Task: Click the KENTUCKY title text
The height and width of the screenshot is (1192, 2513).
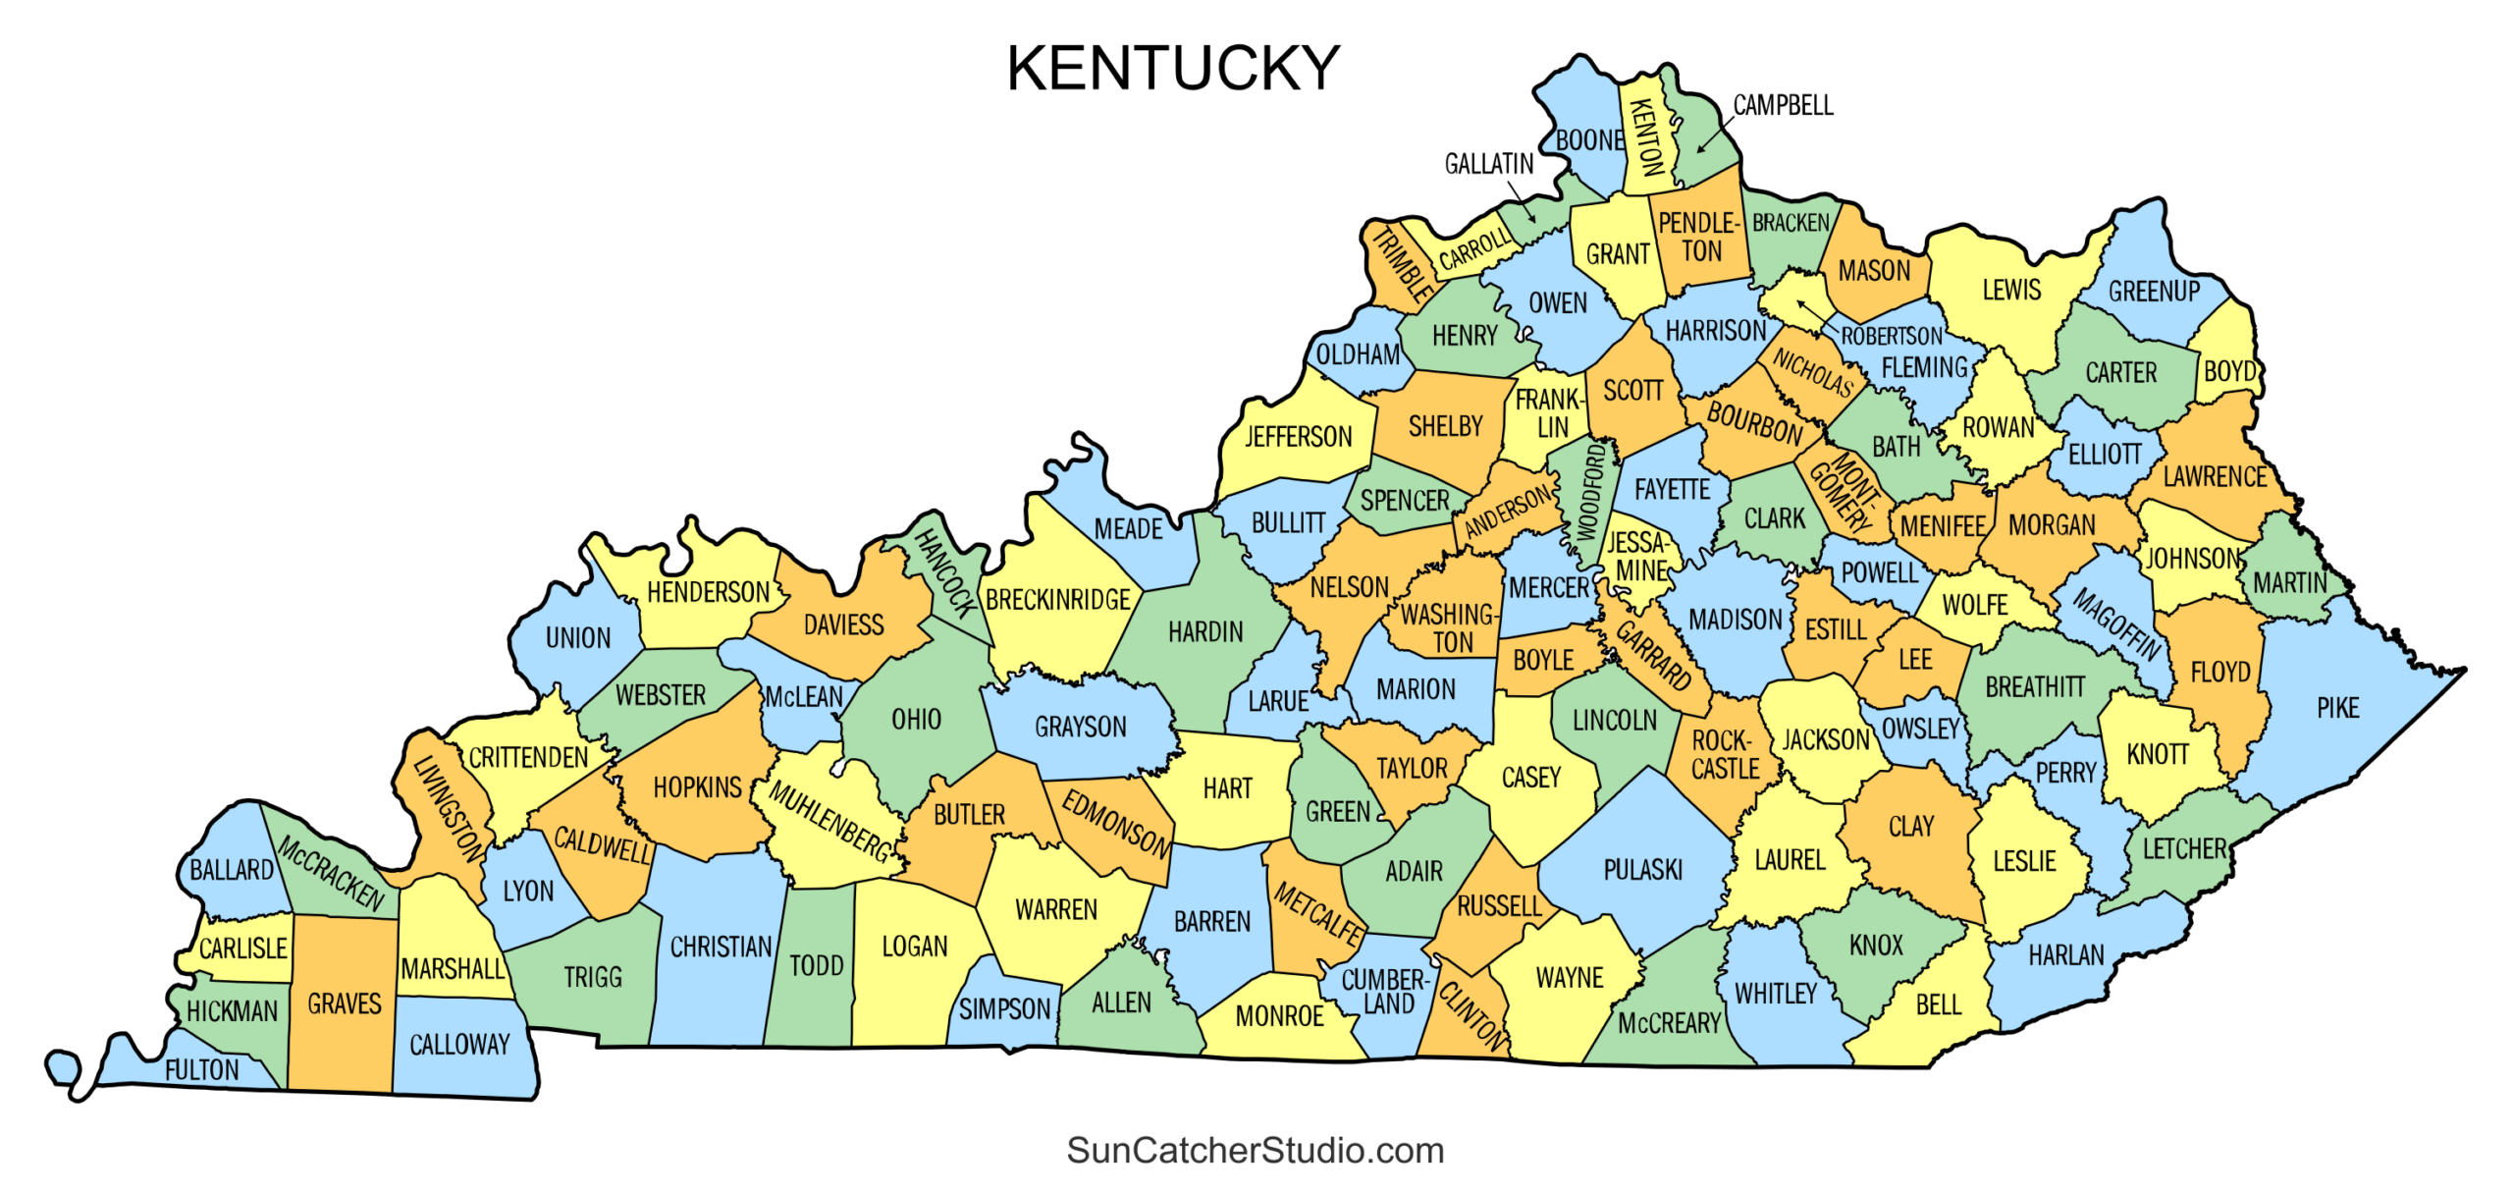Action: point(1172,69)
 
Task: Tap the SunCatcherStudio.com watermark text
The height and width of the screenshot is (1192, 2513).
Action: point(1255,1150)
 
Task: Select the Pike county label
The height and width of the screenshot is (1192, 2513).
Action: point(2337,708)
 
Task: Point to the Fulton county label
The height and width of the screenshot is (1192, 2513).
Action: point(201,1069)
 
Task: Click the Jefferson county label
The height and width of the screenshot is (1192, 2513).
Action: point(1298,436)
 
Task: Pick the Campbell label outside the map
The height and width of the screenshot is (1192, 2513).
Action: point(1783,105)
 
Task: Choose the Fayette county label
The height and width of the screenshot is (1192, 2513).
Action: point(1672,489)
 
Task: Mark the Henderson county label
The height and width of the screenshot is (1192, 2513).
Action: point(708,592)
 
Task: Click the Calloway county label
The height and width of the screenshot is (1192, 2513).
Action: point(459,1044)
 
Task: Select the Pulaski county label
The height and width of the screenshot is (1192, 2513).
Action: point(1642,869)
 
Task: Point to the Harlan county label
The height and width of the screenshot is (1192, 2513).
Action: point(2065,954)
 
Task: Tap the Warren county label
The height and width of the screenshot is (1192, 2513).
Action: point(1055,909)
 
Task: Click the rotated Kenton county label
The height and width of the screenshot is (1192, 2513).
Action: point(1646,137)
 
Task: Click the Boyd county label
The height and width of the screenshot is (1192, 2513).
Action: point(2229,371)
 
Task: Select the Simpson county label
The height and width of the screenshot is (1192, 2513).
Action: point(1004,1008)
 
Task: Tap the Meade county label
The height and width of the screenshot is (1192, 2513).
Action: point(1128,529)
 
